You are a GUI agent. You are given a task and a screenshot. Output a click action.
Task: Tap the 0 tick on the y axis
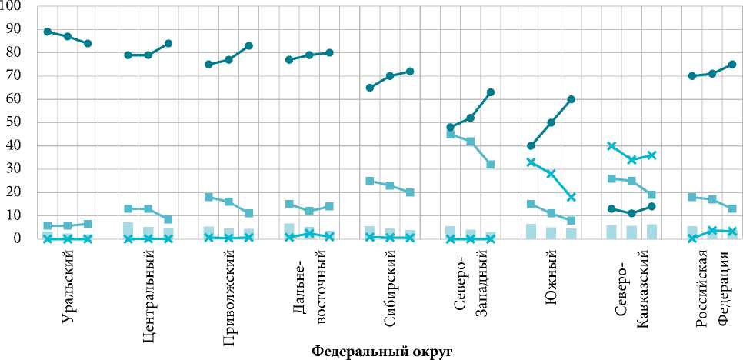[x=18, y=238]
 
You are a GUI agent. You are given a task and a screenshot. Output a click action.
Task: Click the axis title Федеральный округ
[x=381, y=352]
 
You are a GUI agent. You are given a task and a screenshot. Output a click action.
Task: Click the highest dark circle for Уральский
[x=48, y=32]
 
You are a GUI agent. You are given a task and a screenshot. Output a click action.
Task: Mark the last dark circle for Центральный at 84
[x=168, y=43]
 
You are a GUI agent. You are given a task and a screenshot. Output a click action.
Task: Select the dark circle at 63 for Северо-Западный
[x=491, y=92]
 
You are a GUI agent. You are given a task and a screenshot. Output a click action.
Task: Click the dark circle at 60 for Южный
[x=571, y=99]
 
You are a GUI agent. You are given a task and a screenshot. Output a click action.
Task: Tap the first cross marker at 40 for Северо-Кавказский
[x=611, y=145]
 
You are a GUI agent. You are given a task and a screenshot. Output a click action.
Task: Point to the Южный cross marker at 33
[x=531, y=162]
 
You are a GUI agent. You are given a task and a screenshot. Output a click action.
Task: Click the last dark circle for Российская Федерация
[x=732, y=65]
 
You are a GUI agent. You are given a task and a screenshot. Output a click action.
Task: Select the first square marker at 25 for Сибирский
[x=370, y=181]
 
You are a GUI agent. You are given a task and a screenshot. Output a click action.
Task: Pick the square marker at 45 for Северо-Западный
[x=451, y=134]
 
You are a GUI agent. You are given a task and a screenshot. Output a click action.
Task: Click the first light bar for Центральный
[x=128, y=230]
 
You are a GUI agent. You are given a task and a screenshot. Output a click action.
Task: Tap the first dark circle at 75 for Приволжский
[x=209, y=65]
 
